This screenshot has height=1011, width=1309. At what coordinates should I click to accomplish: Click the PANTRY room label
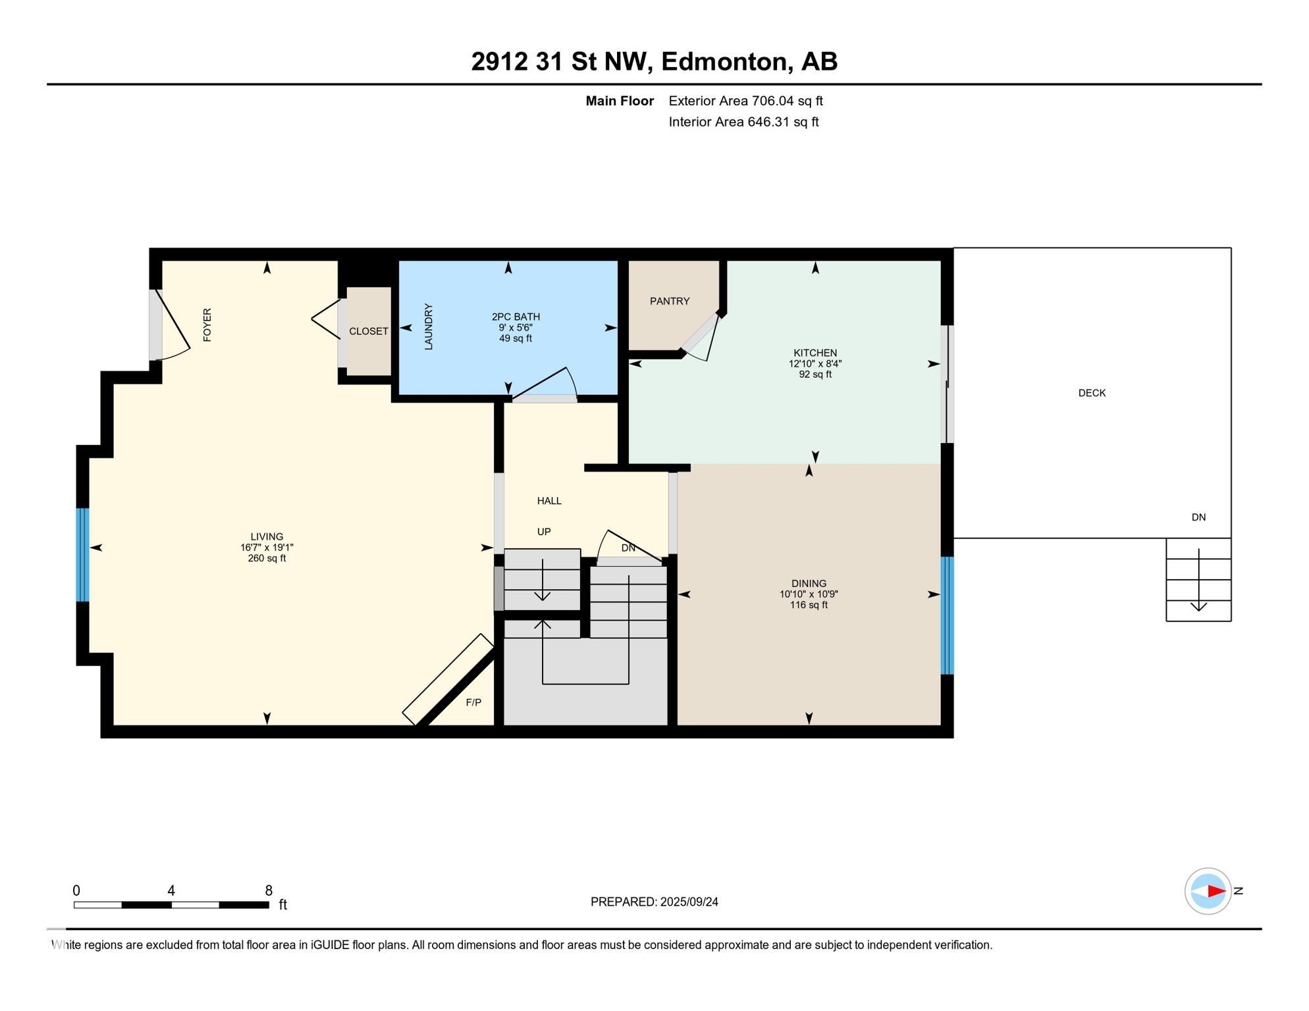tap(670, 301)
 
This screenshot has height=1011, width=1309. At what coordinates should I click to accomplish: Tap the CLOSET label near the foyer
tap(369, 331)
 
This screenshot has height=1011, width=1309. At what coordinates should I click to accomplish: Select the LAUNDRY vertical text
tap(429, 326)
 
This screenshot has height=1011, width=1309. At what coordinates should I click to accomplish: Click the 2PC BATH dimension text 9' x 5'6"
tap(516, 328)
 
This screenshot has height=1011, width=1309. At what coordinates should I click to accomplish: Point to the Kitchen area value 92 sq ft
tap(815, 375)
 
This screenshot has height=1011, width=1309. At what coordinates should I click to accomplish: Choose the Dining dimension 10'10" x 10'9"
tap(809, 594)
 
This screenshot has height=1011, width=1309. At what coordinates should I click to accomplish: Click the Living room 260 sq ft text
tap(267, 558)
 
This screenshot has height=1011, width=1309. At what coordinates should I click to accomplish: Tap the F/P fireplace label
tap(473, 702)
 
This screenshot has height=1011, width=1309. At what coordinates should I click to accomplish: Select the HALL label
tap(549, 501)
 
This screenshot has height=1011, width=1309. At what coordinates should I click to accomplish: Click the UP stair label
tap(544, 532)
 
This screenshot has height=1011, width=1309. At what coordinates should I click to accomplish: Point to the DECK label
tap(1092, 393)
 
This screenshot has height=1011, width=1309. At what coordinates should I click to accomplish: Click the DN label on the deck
tap(1198, 517)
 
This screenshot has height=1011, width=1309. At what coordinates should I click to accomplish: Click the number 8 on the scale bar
tap(269, 891)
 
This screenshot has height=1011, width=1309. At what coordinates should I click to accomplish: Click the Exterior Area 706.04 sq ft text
tap(745, 101)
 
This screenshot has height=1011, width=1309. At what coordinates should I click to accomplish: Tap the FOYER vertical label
tap(207, 324)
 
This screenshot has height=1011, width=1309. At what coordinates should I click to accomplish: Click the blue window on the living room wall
tap(82, 554)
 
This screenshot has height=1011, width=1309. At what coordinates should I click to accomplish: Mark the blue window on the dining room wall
tap(947, 615)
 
